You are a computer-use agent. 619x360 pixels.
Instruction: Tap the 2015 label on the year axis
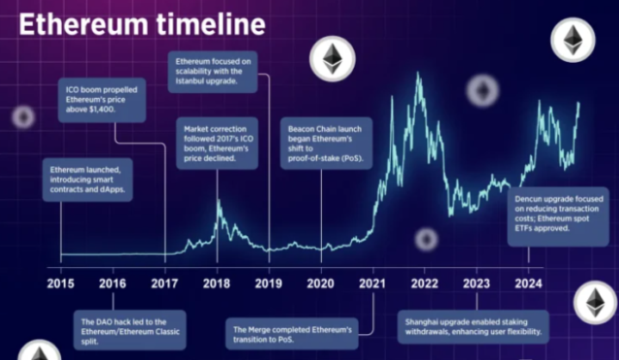pos(60,282)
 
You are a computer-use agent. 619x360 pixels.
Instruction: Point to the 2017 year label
pos(164,282)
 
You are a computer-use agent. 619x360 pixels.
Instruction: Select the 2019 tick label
pos(269,282)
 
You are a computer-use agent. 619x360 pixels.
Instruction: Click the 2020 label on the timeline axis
pos(321,282)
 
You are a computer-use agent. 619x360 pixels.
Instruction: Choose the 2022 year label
pos(424,282)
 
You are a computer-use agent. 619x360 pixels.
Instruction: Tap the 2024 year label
pos(529,282)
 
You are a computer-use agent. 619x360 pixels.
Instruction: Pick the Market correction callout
pos(216,144)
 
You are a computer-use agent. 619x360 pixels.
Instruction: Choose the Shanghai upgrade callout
pos(474,326)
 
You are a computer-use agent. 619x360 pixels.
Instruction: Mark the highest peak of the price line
pos(418,74)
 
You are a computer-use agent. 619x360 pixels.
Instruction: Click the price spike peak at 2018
pos(217,202)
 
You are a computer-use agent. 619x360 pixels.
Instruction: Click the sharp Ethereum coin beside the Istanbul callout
pos(331,59)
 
